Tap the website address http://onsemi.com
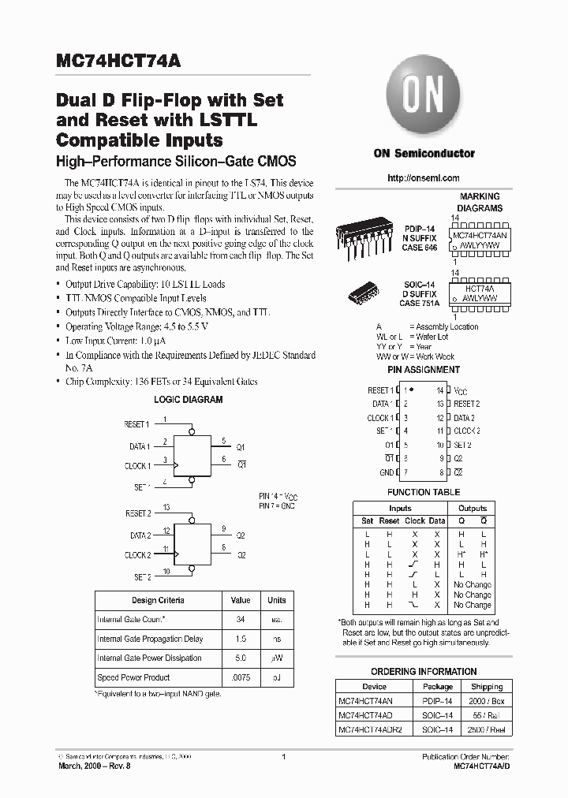click(x=424, y=178)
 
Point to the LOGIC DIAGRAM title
click(x=188, y=400)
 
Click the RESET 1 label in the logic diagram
click(x=136, y=425)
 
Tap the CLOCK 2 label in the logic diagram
click(x=136, y=555)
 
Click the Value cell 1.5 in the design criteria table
click(x=241, y=639)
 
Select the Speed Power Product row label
click(x=133, y=677)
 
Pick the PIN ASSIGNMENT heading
click(x=424, y=370)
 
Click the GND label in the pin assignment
click(x=386, y=473)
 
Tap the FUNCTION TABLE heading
click(x=424, y=493)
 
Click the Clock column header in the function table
click(x=415, y=520)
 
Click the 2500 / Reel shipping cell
click(x=487, y=729)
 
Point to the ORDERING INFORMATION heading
click(x=424, y=672)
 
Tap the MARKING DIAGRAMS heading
click(x=480, y=203)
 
